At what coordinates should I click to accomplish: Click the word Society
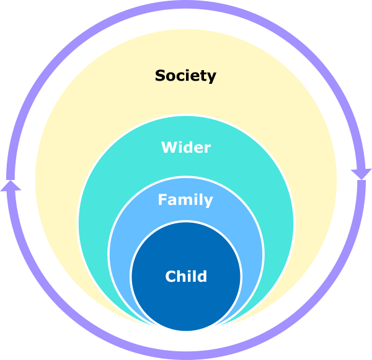185,76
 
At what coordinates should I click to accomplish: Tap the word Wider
185,148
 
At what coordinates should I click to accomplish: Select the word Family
185,200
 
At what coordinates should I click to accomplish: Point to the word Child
185,276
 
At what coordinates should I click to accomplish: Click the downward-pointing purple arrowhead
361,173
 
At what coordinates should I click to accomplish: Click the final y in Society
211,78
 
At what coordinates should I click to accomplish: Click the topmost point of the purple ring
185,6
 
